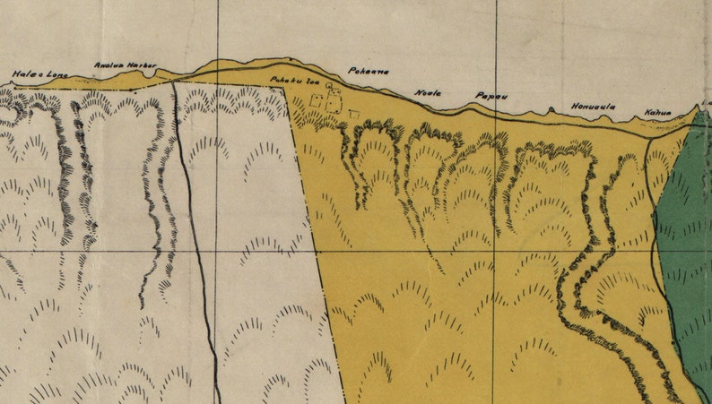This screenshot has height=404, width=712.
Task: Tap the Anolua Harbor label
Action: pos(126,65)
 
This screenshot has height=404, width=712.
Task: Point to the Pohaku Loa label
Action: pos(295,81)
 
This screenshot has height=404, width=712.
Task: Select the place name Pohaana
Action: pos(368,71)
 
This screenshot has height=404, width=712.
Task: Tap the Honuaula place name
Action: pos(594,107)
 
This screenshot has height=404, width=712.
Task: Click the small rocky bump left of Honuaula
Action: pos(549,110)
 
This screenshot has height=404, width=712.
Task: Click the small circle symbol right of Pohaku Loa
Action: pos(329,86)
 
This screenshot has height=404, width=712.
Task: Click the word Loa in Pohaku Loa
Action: pos(314,81)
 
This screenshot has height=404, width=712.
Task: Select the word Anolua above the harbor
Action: pos(109,65)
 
